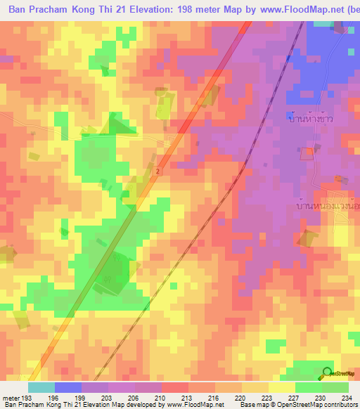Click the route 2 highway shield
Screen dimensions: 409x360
[x=157, y=171]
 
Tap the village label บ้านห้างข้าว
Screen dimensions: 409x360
[x=311, y=119]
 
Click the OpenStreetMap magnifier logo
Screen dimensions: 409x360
[x=327, y=372]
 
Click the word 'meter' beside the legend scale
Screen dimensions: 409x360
[x=11, y=398]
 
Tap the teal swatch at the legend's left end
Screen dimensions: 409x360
[x=41, y=387]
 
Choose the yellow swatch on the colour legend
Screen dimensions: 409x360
[x=281, y=387]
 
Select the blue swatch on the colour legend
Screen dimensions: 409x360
[x=67, y=387]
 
